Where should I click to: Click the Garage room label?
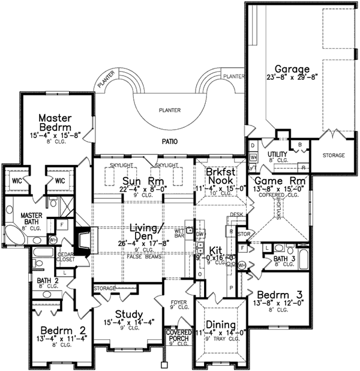(293, 68)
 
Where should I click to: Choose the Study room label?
(129, 314)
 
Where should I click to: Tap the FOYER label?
(177, 303)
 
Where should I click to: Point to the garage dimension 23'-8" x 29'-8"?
(293, 77)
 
